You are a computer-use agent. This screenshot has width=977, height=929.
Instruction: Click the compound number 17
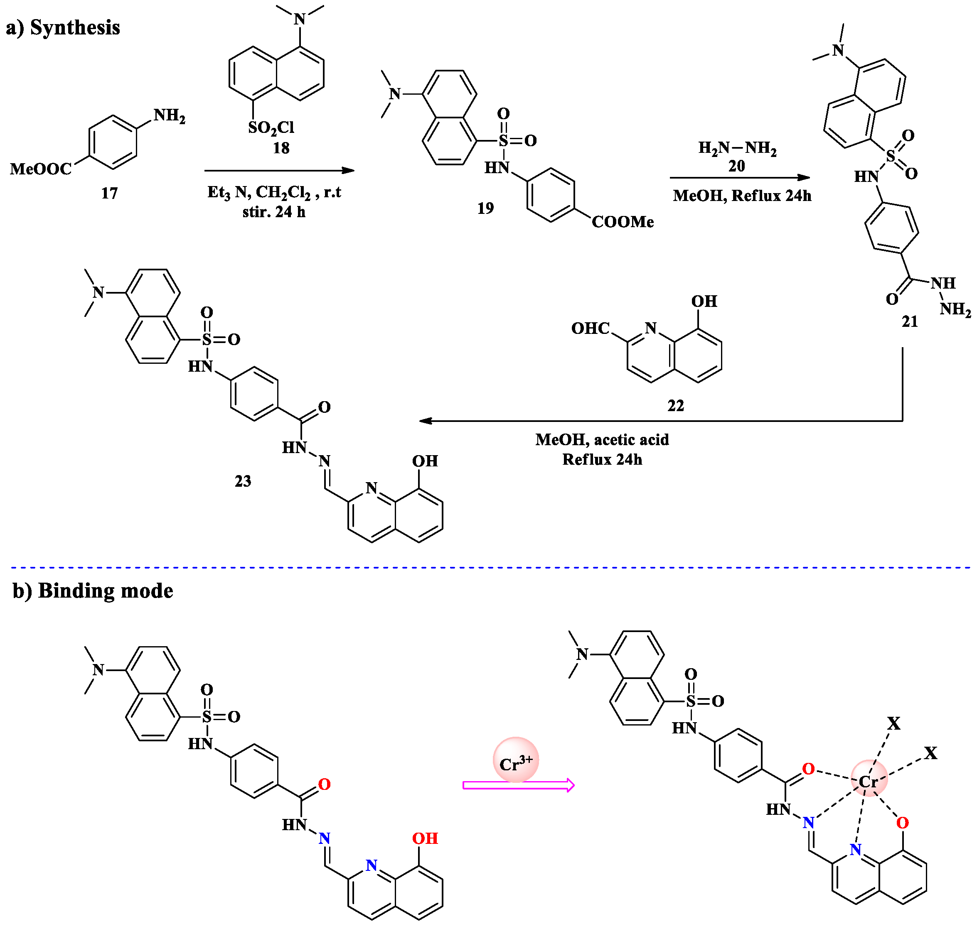(x=109, y=193)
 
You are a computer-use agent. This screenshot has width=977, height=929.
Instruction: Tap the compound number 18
(x=281, y=147)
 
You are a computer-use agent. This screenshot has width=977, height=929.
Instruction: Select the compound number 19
(x=485, y=208)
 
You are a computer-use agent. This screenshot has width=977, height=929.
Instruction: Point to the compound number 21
(x=910, y=321)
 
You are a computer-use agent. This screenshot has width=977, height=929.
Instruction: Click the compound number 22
(x=675, y=406)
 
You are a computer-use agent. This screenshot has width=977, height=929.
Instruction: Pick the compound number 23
(x=243, y=481)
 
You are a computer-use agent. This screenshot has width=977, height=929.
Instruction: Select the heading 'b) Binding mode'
(x=93, y=591)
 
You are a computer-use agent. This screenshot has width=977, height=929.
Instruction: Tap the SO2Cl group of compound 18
(x=271, y=128)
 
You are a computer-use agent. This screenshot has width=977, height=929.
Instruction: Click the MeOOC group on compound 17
(x=41, y=169)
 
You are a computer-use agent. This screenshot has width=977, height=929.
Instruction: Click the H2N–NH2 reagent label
(x=737, y=147)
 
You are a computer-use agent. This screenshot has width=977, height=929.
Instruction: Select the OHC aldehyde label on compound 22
(x=590, y=328)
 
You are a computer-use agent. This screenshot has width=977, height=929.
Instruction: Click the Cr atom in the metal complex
(x=869, y=782)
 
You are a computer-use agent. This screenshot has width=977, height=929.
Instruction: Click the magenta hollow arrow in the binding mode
(x=518, y=785)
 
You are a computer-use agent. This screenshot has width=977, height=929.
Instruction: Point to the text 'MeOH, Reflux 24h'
(x=742, y=196)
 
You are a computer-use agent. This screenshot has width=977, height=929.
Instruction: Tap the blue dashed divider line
(x=490, y=568)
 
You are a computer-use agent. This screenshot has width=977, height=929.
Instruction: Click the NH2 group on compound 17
(x=170, y=116)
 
